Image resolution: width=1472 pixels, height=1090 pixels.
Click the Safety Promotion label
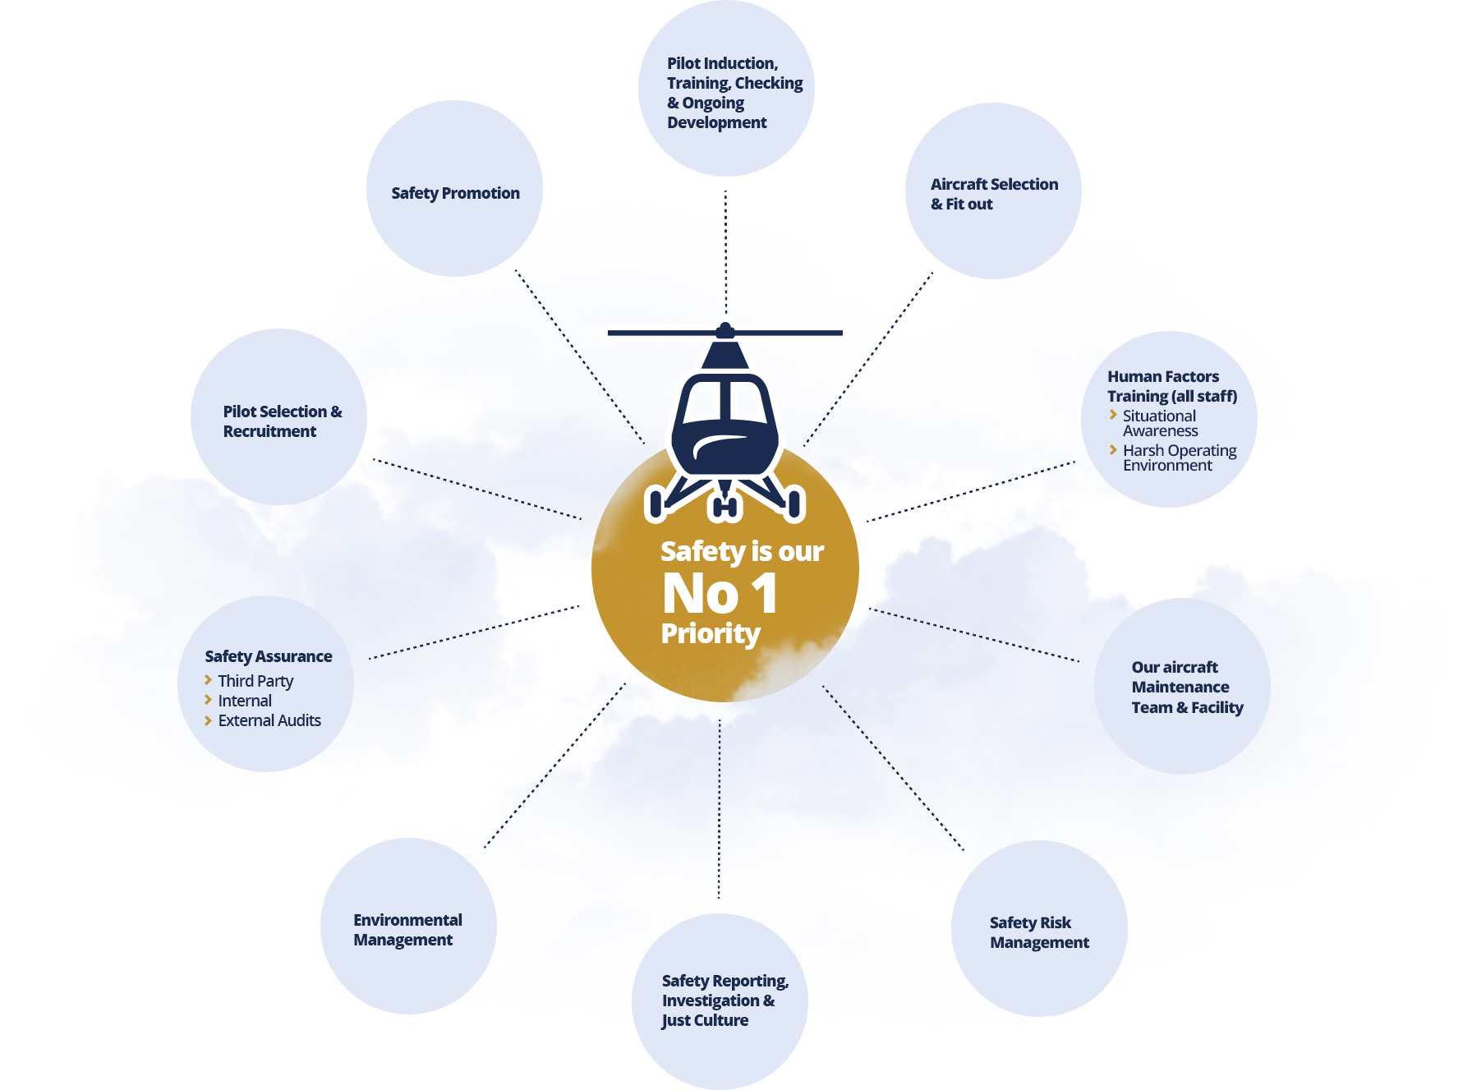coord(455,193)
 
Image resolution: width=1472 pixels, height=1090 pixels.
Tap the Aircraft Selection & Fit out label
coord(993,194)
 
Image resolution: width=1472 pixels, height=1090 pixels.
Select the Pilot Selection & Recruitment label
coord(282,421)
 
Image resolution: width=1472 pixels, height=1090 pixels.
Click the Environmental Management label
coord(407,930)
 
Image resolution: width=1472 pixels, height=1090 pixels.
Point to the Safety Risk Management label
coord(1038,932)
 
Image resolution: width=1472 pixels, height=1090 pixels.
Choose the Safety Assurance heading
coord(268,656)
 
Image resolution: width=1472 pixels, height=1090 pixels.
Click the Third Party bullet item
coord(255,681)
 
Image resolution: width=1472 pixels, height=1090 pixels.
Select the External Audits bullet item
coord(269,720)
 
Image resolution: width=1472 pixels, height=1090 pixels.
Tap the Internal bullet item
coord(245,701)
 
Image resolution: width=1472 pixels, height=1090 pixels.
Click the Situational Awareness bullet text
coord(1160,423)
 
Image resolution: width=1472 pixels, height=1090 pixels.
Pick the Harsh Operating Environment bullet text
coord(1179,458)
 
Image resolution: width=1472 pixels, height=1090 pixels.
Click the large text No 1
coord(720,593)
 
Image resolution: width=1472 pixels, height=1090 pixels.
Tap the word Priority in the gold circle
coord(711,633)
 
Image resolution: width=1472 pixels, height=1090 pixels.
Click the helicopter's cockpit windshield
coord(724,401)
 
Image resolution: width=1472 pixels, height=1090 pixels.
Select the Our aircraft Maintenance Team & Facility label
coord(1186,687)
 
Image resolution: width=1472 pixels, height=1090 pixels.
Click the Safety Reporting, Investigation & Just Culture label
coord(724,1000)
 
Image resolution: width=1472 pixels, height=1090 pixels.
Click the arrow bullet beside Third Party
coord(208,680)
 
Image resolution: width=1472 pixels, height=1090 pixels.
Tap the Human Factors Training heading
coord(1171,386)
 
